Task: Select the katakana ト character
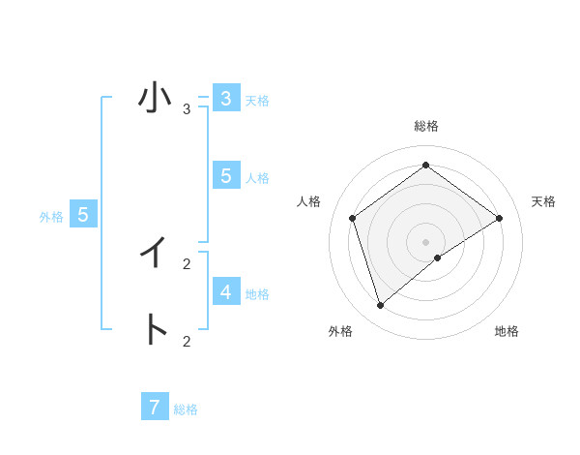pos(155,329)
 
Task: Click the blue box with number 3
pos(225,99)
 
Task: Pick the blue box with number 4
pos(225,291)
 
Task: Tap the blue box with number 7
pos(155,408)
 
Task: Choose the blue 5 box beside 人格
pos(225,175)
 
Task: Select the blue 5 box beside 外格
pos(83,215)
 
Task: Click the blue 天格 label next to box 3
pos(257,101)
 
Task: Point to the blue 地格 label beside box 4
pos(257,294)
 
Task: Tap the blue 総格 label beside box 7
pos(186,409)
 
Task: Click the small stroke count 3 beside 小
pos(187,108)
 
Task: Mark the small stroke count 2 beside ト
pos(187,341)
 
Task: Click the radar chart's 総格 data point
pos(425,165)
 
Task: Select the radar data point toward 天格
pos(499,218)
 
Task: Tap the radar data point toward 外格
pos(381,306)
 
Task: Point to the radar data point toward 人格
pos(352,218)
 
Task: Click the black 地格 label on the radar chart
pos(507,331)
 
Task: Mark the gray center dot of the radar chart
pos(425,241)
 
